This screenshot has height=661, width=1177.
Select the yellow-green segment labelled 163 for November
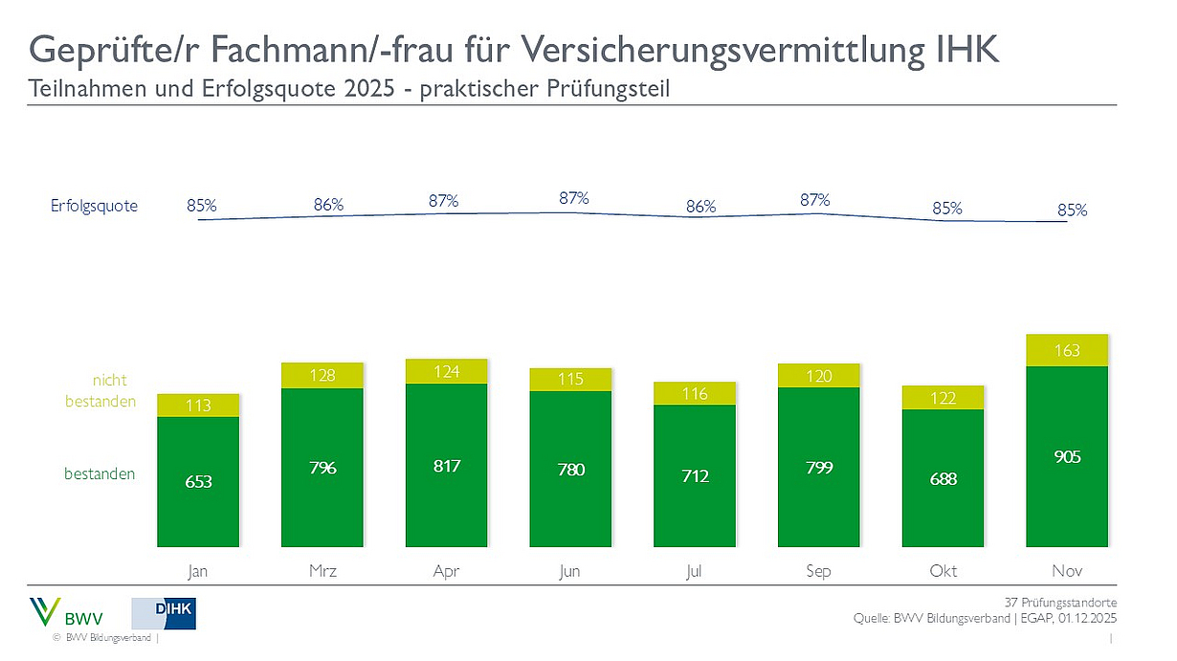[1067, 350]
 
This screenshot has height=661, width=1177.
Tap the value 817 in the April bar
[446, 466]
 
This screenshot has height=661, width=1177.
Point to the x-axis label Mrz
[322, 571]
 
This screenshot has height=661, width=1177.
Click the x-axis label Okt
[943, 571]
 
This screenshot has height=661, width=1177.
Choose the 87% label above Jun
[573, 198]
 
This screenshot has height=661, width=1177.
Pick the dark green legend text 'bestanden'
[100, 474]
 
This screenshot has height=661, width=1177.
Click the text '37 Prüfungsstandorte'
[1059, 603]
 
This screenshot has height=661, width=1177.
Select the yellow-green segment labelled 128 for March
[322, 375]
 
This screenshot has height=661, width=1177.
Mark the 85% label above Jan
[202, 205]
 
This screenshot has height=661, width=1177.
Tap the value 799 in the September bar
[818, 468]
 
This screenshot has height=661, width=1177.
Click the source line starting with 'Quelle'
[984, 619]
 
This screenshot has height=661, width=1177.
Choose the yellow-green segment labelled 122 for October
[943, 397]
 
